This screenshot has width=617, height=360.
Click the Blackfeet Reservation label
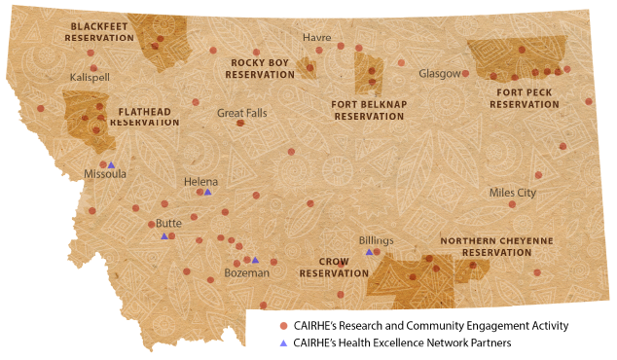point(98,31)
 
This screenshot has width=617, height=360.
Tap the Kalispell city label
point(91,77)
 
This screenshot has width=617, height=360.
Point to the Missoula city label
point(105,175)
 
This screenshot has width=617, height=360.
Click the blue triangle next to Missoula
point(111,164)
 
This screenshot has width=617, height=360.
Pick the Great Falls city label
point(241,113)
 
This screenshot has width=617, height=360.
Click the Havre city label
point(317,37)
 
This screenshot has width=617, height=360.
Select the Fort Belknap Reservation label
point(367,109)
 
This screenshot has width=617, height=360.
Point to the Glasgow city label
point(438,74)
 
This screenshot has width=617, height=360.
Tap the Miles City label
point(512,193)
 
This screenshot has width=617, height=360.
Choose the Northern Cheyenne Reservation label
point(496,245)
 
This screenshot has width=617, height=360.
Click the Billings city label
point(376,239)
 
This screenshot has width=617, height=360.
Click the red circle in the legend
point(283,325)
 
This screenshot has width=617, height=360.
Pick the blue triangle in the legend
point(283,342)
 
